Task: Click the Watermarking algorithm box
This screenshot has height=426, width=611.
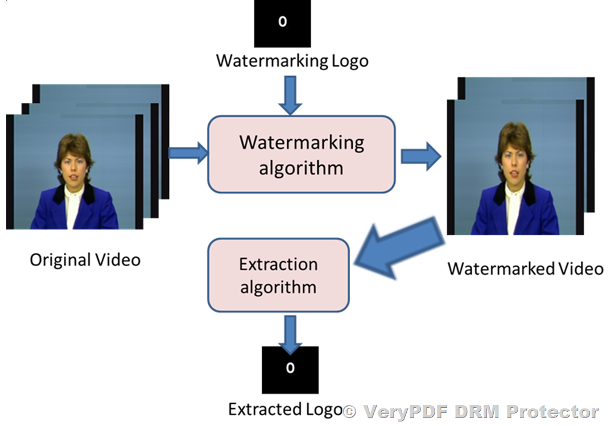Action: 301,154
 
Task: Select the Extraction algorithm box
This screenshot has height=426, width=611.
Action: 278,275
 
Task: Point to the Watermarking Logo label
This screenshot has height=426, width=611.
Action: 292,60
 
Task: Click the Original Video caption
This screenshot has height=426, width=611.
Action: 85,260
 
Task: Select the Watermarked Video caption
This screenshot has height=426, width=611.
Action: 525,268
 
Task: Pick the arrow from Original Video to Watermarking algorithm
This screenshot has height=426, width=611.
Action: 189,152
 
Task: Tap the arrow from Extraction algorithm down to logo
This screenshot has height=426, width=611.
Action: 290,333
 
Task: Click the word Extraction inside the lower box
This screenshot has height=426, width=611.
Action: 278,264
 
